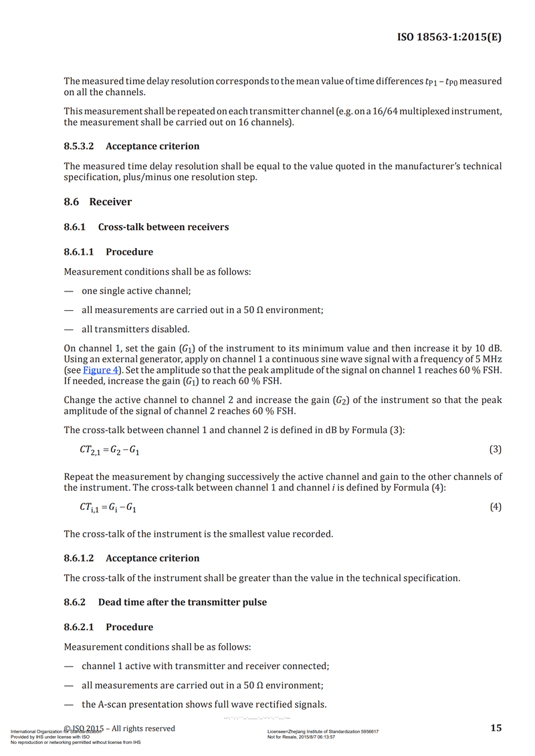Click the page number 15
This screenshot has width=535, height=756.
(496, 728)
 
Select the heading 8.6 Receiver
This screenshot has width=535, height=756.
(98, 202)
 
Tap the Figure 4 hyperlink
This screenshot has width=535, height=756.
(100, 369)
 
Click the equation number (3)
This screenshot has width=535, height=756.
(496, 449)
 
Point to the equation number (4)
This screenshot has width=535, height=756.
(496, 507)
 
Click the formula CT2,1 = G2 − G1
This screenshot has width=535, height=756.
(110, 451)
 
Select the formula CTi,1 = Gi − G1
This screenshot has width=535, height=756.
(108, 508)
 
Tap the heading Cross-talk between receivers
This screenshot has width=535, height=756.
(163, 227)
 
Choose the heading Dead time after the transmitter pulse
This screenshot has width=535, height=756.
(182, 602)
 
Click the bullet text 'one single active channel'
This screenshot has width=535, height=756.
(136, 291)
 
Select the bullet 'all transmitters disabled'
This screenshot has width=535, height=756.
(136, 329)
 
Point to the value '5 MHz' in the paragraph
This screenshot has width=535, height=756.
(488, 360)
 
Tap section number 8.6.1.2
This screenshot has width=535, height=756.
(80, 558)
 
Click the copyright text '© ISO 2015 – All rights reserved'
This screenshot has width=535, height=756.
(119, 728)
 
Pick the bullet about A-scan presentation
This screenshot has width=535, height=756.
(204, 704)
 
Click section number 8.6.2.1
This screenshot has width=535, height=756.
(80, 627)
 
